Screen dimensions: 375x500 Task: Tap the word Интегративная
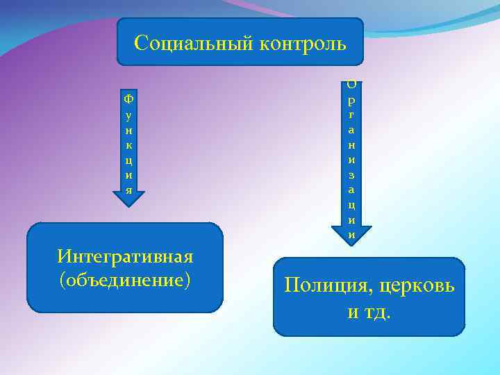(x=125, y=257)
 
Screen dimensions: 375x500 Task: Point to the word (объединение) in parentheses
(x=125, y=281)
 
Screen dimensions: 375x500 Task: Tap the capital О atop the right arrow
(x=352, y=84)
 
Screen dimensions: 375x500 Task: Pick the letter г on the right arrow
(x=352, y=115)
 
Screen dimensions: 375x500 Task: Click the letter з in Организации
(x=352, y=174)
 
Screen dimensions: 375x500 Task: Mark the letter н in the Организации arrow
(x=352, y=144)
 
